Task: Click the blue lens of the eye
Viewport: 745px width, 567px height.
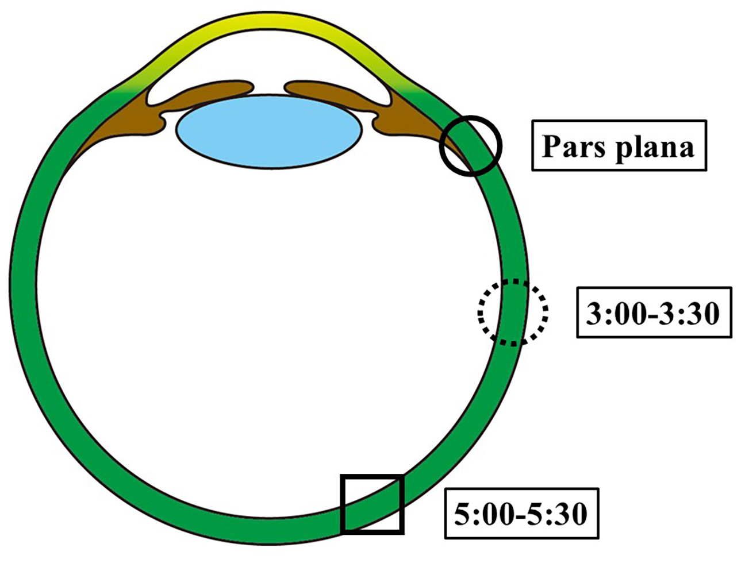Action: (x=269, y=132)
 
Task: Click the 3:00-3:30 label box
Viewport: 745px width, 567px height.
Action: (x=654, y=312)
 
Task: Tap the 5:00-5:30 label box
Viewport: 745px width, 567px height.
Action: (x=521, y=513)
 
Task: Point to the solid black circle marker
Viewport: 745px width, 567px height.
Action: (x=470, y=145)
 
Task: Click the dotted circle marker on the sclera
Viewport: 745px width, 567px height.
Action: (x=513, y=312)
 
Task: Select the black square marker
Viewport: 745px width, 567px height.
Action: (x=372, y=504)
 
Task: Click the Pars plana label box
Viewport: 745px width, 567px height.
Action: (x=619, y=145)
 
